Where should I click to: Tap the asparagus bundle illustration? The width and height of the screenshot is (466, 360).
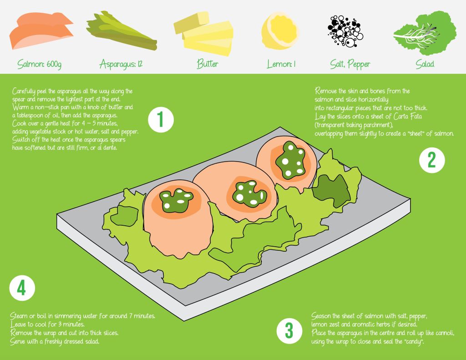click(x=122, y=31)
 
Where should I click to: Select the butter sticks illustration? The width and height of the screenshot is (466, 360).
click(x=203, y=34)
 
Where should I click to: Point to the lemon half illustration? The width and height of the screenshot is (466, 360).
click(x=280, y=31)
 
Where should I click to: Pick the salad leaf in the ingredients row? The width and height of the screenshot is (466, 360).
click(x=425, y=33)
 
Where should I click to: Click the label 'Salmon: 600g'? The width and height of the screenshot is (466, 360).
click(x=39, y=64)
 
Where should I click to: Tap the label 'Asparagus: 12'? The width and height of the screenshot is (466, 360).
click(x=121, y=64)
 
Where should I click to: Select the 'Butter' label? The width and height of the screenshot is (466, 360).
click(x=208, y=64)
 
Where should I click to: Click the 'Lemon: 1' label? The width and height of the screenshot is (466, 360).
click(x=281, y=64)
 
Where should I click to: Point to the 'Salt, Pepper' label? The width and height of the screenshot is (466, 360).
click(x=350, y=64)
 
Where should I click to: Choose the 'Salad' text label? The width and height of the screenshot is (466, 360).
click(x=425, y=64)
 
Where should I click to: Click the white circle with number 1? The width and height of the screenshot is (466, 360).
click(x=161, y=120)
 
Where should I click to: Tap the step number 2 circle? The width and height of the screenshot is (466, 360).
click(x=432, y=160)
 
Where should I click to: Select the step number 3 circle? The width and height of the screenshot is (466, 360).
click(x=289, y=331)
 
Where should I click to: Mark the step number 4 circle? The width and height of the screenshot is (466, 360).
click(x=22, y=288)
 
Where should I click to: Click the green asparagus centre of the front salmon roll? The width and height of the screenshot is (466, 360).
click(x=176, y=200)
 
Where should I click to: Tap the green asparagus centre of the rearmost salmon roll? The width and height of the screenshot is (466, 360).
click(x=290, y=161)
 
